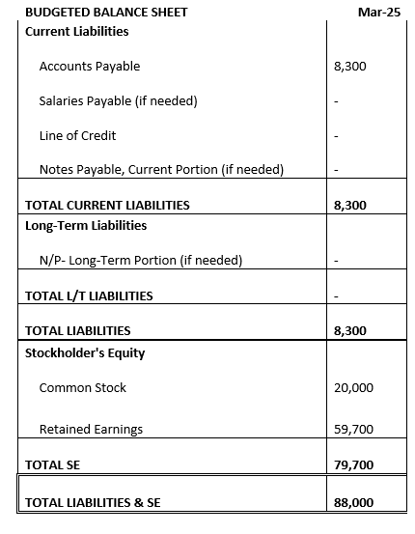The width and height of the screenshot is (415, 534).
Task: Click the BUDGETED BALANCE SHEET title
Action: click(x=93, y=13)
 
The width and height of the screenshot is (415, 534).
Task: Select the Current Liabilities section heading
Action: click(x=76, y=31)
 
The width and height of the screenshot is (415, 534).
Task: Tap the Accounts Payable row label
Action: click(x=90, y=67)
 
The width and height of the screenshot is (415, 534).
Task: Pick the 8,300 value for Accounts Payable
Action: click(x=348, y=67)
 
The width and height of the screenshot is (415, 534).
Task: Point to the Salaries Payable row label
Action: click(x=119, y=100)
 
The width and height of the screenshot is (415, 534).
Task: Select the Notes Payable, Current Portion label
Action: click(x=161, y=170)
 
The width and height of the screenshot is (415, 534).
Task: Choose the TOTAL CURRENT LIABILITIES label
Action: click(x=107, y=205)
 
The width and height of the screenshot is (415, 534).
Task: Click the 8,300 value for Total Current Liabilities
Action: click(x=348, y=205)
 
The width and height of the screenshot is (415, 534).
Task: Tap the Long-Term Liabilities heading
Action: click(x=86, y=225)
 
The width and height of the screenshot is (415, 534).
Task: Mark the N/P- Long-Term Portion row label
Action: click(x=140, y=260)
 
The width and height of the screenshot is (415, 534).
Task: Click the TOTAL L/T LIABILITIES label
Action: click(x=89, y=295)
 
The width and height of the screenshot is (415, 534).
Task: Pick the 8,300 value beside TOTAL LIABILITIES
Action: click(x=348, y=330)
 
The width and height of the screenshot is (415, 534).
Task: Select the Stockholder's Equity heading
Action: click(x=85, y=352)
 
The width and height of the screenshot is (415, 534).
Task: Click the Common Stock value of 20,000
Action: click(x=352, y=387)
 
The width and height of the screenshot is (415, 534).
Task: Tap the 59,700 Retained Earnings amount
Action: click(x=352, y=429)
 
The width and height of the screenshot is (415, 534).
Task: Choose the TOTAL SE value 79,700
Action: click(x=352, y=464)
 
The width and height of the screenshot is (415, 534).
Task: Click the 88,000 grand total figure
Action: click(x=352, y=502)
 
